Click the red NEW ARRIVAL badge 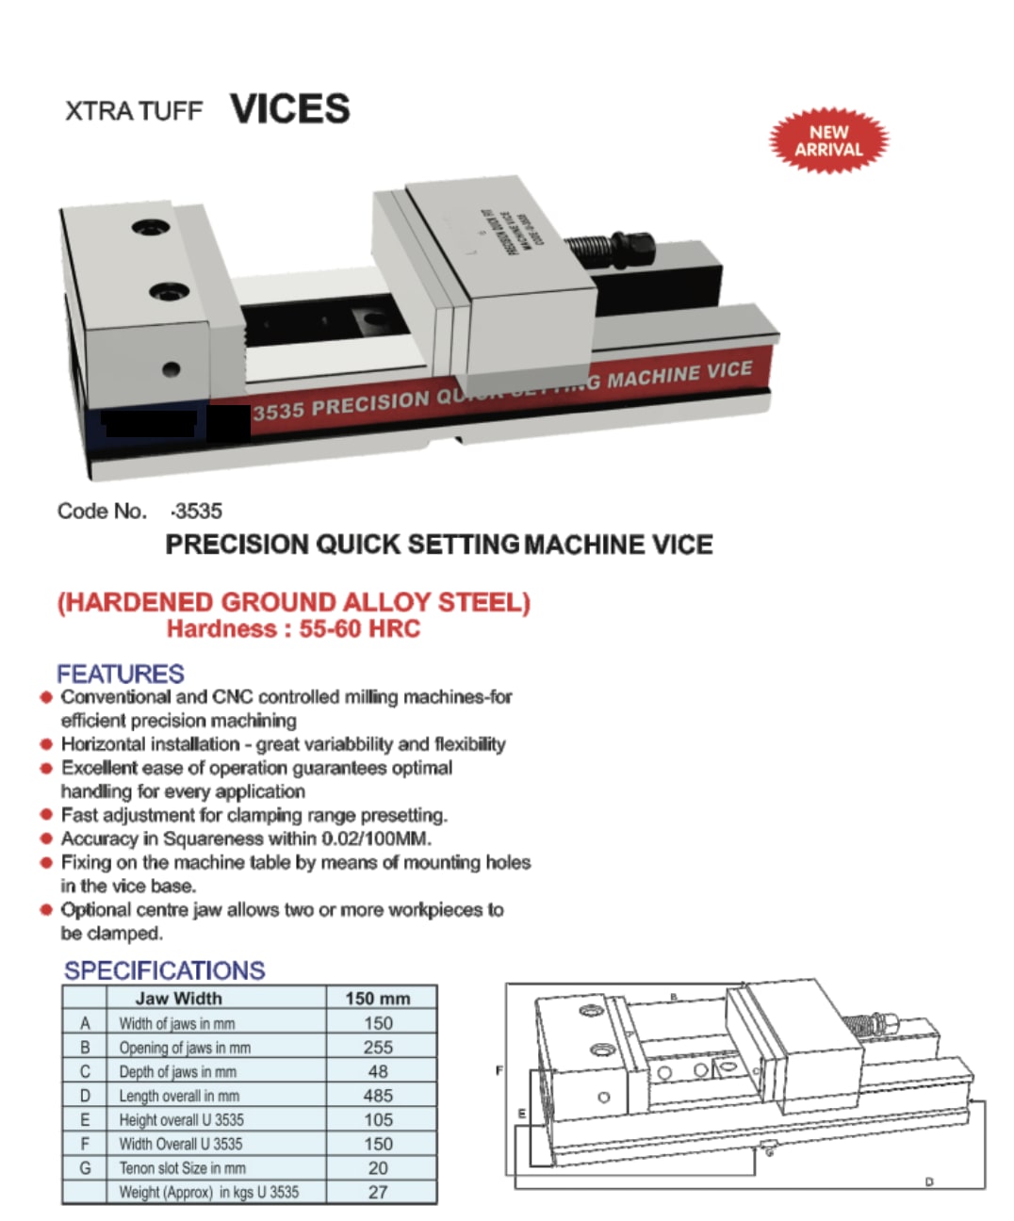coord(828,141)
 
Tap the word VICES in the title coord(289,109)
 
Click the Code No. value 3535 coord(198,512)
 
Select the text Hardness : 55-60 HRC coord(293,628)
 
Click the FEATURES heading coord(120,675)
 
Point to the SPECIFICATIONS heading coord(164,970)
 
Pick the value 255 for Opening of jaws coord(378,1048)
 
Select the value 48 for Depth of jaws coord(378,1072)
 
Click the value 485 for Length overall coord(378,1096)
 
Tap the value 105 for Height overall coord(378,1120)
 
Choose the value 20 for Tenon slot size coord(378,1168)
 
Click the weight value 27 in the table coord(378,1193)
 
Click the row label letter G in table coord(85,1168)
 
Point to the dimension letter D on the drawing coord(929,1181)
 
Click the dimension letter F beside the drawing coord(499,1071)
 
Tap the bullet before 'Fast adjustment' coord(45,815)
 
